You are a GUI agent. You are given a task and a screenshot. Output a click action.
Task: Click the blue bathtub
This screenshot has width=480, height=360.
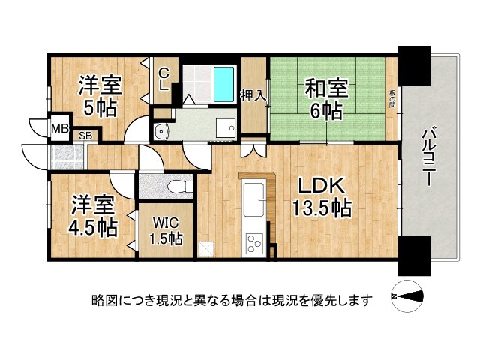pyautogui.click(x=223, y=84)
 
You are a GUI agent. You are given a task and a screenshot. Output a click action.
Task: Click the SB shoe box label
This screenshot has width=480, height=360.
pyautogui.click(x=86, y=136)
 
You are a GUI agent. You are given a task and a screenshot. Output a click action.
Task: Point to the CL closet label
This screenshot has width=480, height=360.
pyautogui.click(x=163, y=77)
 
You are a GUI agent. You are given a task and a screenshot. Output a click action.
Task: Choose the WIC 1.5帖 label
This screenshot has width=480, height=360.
pyautogui.click(x=164, y=231)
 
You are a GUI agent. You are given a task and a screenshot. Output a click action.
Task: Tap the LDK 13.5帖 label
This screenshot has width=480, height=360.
pyautogui.click(x=322, y=196)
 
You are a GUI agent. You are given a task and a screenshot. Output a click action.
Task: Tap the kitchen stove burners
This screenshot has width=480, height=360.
pyautogui.click(x=254, y=243)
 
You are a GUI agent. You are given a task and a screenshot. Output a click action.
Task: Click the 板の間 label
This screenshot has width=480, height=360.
pyautogui.click(x=392, y=99)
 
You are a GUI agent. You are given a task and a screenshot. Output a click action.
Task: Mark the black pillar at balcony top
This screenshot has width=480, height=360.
pyautogui.click(x=414, y=64)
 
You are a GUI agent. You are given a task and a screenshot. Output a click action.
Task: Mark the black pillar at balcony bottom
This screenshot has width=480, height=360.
pyautogui.click(x=414, y=255)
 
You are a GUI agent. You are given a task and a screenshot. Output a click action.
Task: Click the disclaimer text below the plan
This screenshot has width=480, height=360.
pyautogui.click(x=232, y=301)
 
